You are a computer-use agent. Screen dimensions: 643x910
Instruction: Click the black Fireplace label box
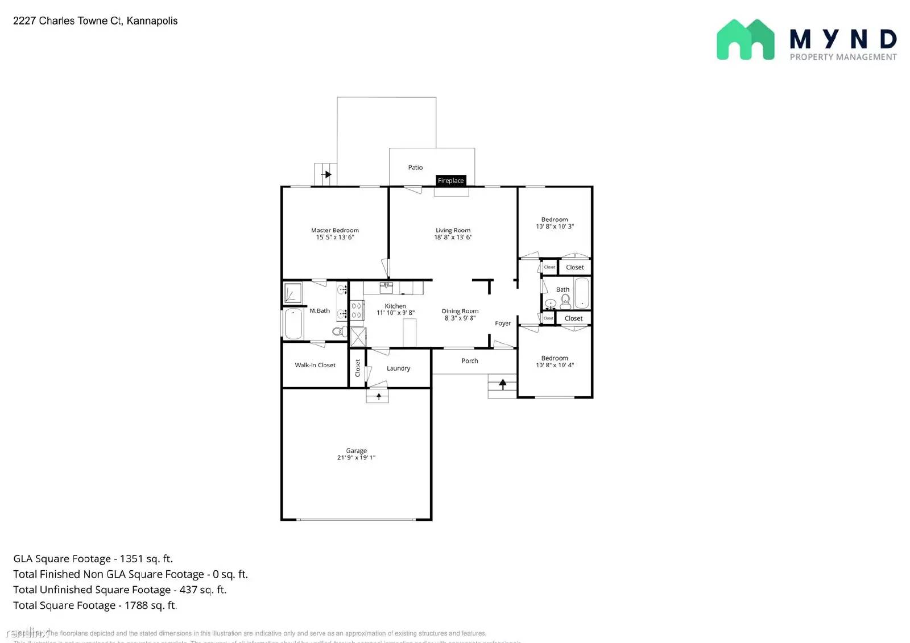point(451,181)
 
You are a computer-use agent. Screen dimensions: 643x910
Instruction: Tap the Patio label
point(415,168)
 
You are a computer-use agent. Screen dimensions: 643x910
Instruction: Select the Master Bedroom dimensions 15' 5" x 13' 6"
point(335,238)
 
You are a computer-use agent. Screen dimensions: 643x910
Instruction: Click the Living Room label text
point(453,230)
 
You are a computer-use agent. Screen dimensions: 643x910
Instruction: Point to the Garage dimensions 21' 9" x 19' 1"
point(356,458)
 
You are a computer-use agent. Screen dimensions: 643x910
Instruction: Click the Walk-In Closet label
point(315,365)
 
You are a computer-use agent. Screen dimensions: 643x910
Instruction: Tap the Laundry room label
point(398,368)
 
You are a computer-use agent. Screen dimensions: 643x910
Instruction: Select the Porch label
point(470,361)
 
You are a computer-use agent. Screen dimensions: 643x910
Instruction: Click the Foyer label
point(503,323)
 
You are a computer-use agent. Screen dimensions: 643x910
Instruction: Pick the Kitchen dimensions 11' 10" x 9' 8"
point(395,313)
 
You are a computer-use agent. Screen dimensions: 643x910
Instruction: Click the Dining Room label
point(460,311)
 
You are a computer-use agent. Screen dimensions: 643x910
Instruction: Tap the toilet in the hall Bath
point(565,302)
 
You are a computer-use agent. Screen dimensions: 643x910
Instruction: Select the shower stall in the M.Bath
point(293,293)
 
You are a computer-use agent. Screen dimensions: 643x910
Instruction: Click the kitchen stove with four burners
point(357,310)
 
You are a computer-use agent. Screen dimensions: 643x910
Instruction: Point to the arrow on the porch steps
point(503,384)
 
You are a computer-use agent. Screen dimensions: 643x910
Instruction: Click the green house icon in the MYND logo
point(745,40)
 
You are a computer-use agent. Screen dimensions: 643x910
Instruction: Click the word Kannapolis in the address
point(152,21)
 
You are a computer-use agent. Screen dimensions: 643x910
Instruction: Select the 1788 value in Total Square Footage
point(136,605)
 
